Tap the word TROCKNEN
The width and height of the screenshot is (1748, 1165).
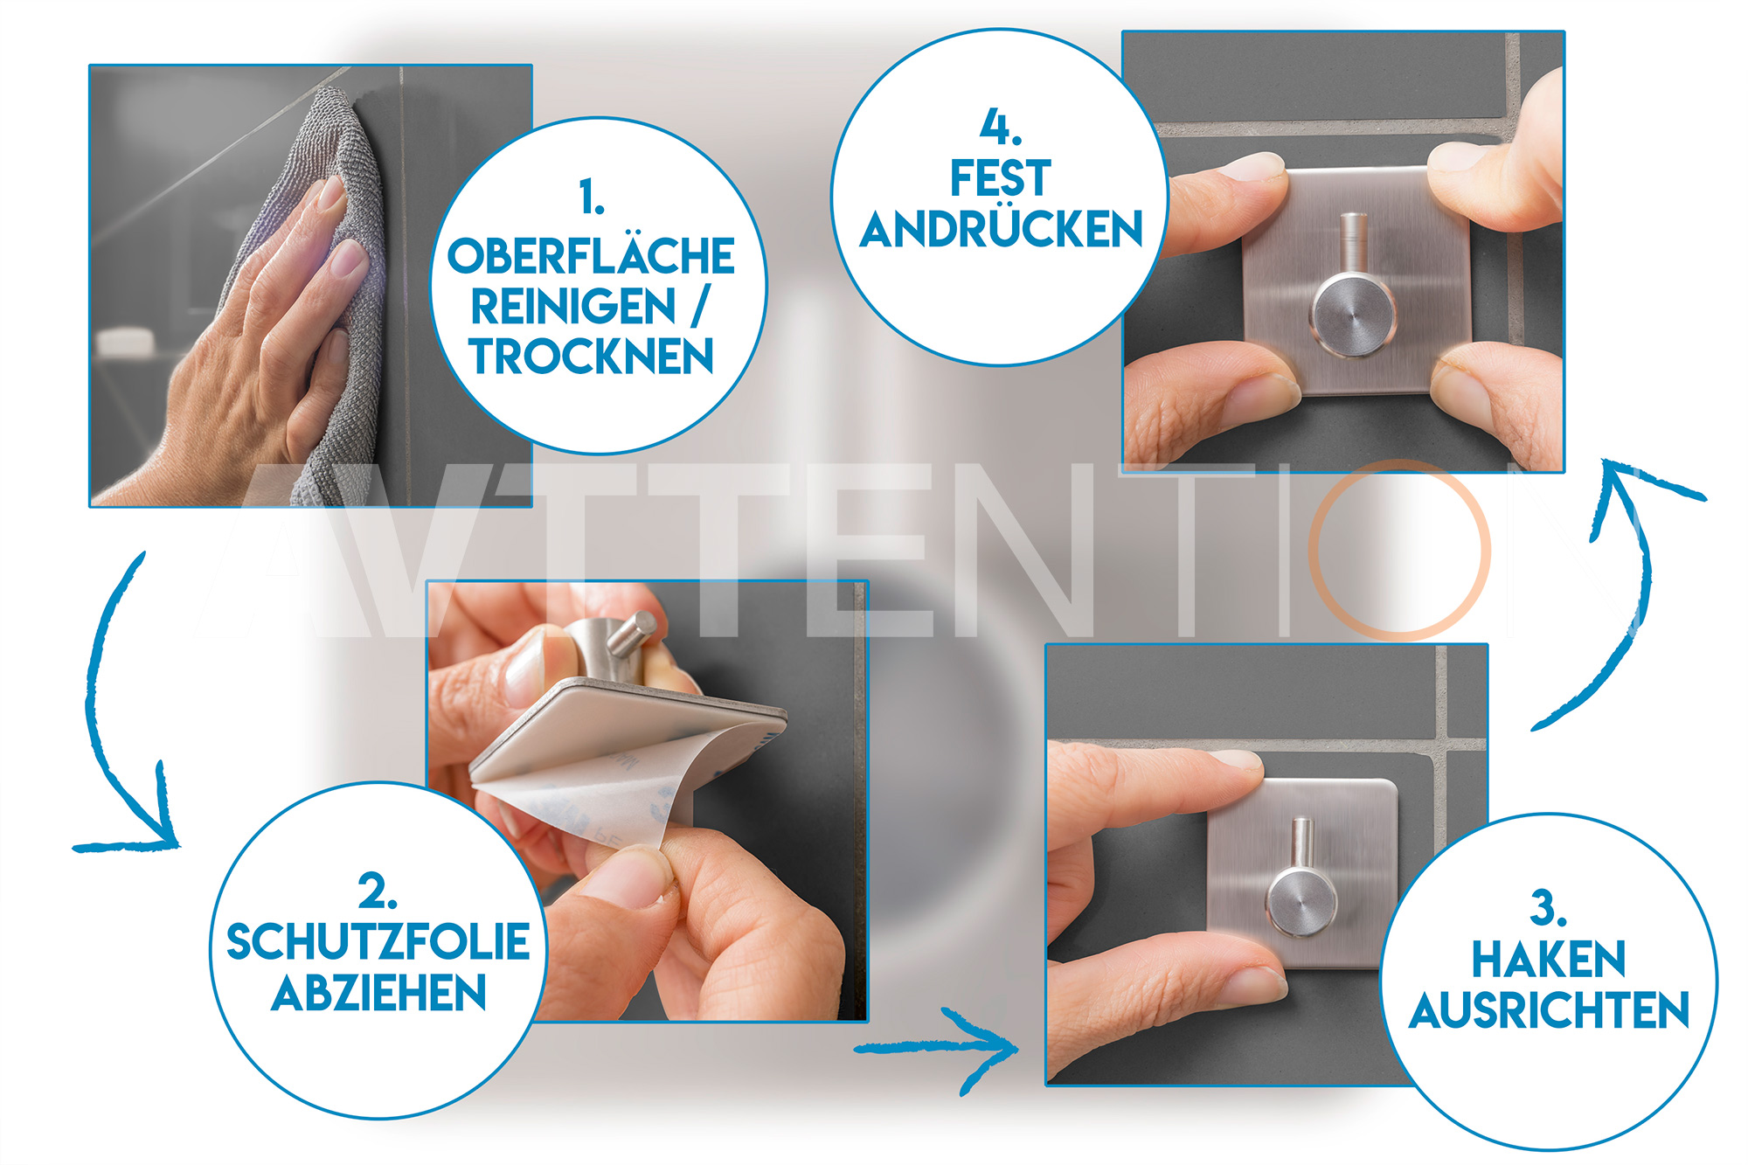(x=591, y=356)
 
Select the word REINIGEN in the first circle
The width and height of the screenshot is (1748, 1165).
(x=573, y=306)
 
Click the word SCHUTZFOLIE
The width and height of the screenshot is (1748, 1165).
(x=378, y=941)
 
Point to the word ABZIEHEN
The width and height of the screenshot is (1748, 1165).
(x=378, y=993)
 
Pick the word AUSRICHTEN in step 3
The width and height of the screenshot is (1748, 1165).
(x=1549, y=1010)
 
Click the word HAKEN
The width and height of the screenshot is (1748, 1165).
(x=1549, y=959)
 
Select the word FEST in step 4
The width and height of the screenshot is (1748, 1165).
(x=1001, y=178)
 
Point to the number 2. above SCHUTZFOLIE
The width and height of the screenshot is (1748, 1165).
(x=378, y=891)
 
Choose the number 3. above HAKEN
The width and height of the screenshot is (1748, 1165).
(x=1548, y=909)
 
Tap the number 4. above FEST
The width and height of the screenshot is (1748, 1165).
(x=1001, y=128)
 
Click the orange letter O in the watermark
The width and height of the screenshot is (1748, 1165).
(x=1313, y=549)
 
